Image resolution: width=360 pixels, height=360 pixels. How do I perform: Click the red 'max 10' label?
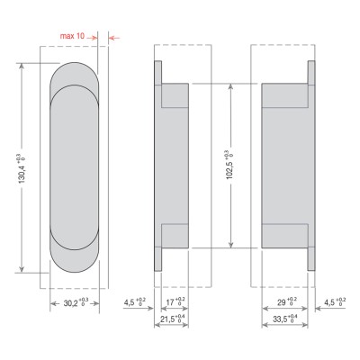tap(72, 36)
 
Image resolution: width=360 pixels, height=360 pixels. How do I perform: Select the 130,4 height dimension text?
tap(22, 169)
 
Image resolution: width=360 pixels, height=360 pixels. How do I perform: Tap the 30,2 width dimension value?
tap(76, 302)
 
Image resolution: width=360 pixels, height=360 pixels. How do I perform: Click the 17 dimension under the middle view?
tap(175, 301)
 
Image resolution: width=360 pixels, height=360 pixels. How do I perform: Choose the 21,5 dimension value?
tap(172, 319)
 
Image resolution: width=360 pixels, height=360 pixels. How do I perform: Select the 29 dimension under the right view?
tap(287, 301)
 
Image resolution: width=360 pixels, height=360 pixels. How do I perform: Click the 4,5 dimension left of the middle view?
tap(135, 301)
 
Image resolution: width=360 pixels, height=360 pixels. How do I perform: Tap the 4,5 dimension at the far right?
tap(335, 301)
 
